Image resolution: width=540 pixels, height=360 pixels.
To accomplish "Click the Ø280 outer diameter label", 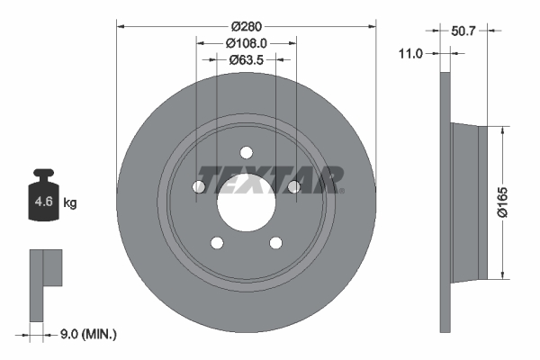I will (246, 26).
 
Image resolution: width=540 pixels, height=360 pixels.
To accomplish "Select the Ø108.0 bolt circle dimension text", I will (246, 43).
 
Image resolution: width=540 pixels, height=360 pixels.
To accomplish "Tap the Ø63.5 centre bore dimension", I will (246, 60).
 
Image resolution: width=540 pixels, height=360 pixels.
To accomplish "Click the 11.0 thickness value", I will (409, 54).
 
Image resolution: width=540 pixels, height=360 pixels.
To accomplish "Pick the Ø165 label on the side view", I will (514, 202).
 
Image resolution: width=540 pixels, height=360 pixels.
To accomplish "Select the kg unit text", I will (70, 203).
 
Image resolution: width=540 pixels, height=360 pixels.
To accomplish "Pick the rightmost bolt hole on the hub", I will (292, 186).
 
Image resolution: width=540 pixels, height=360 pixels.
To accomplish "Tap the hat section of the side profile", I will (470, 202).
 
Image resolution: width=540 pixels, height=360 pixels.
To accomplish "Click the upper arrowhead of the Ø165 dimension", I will (502, 129).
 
